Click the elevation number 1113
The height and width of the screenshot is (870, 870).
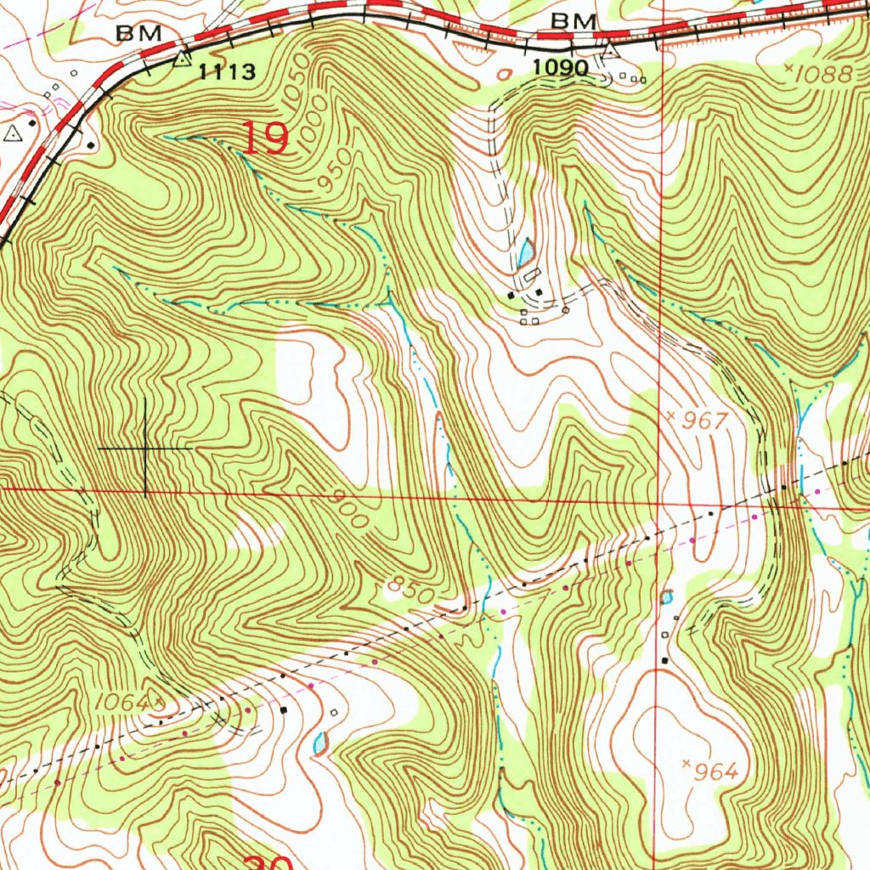click(227, 72)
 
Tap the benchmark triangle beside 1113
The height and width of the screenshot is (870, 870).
click(181, 59)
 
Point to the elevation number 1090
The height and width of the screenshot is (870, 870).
click(561, 67)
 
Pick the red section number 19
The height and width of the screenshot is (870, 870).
click(266, 138)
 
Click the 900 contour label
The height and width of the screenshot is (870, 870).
click(352, 511)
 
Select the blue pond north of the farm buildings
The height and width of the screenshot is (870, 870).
click(526, 251)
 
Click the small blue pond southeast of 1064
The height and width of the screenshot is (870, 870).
click(320, 743)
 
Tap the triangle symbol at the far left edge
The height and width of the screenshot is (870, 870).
click(12, 133)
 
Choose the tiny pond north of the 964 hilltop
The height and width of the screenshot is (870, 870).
click(667, 596)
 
